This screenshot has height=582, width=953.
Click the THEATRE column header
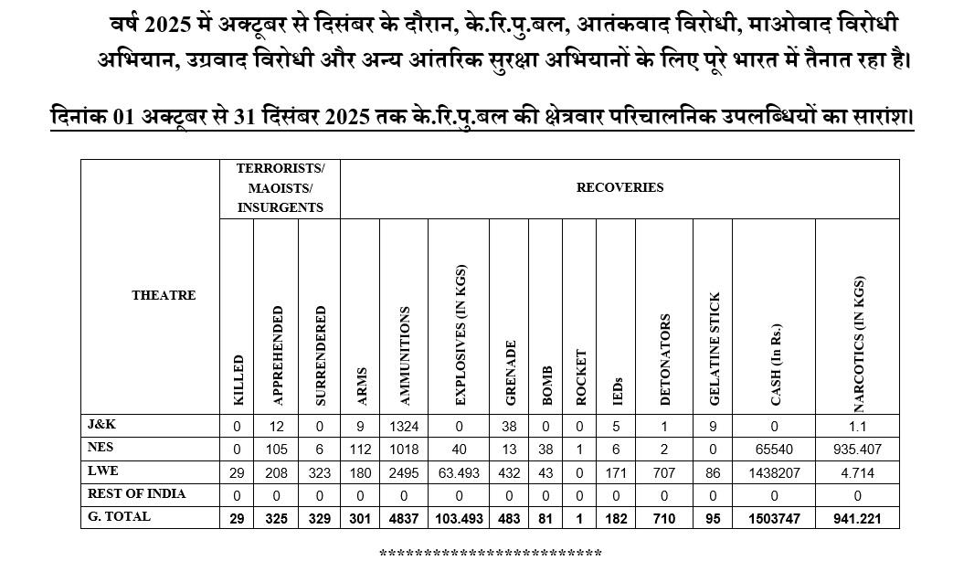click(x=164, y=295)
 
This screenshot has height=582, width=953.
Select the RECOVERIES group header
click(x=619, y=187)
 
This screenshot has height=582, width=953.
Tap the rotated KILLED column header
click(x=238, y=380)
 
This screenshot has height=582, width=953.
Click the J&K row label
click(x=101, y=425)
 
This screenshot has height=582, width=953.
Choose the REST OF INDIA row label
click(x=136, y=493)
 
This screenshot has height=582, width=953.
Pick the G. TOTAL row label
click(x=119, y=516)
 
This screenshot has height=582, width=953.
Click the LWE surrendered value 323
click(x=319, y=472)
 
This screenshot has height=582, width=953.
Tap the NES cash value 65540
click(x=773, y=450)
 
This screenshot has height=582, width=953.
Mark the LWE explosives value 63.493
click(x=459, y=472)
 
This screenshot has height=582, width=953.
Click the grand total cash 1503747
click(x=773, y=518)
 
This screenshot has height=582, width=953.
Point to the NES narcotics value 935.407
click(x=857, y=450)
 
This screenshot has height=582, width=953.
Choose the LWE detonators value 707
click(x=664, y=472)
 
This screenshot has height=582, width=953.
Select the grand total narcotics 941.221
click(x=857, y=518)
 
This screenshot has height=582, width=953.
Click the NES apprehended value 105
click(x=277, y=450)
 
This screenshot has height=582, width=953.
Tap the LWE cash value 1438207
click(x=773, y=472)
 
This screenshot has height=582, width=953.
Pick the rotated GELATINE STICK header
click(x=715, y=349)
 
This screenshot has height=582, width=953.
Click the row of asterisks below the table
click(x=490, y=555)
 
